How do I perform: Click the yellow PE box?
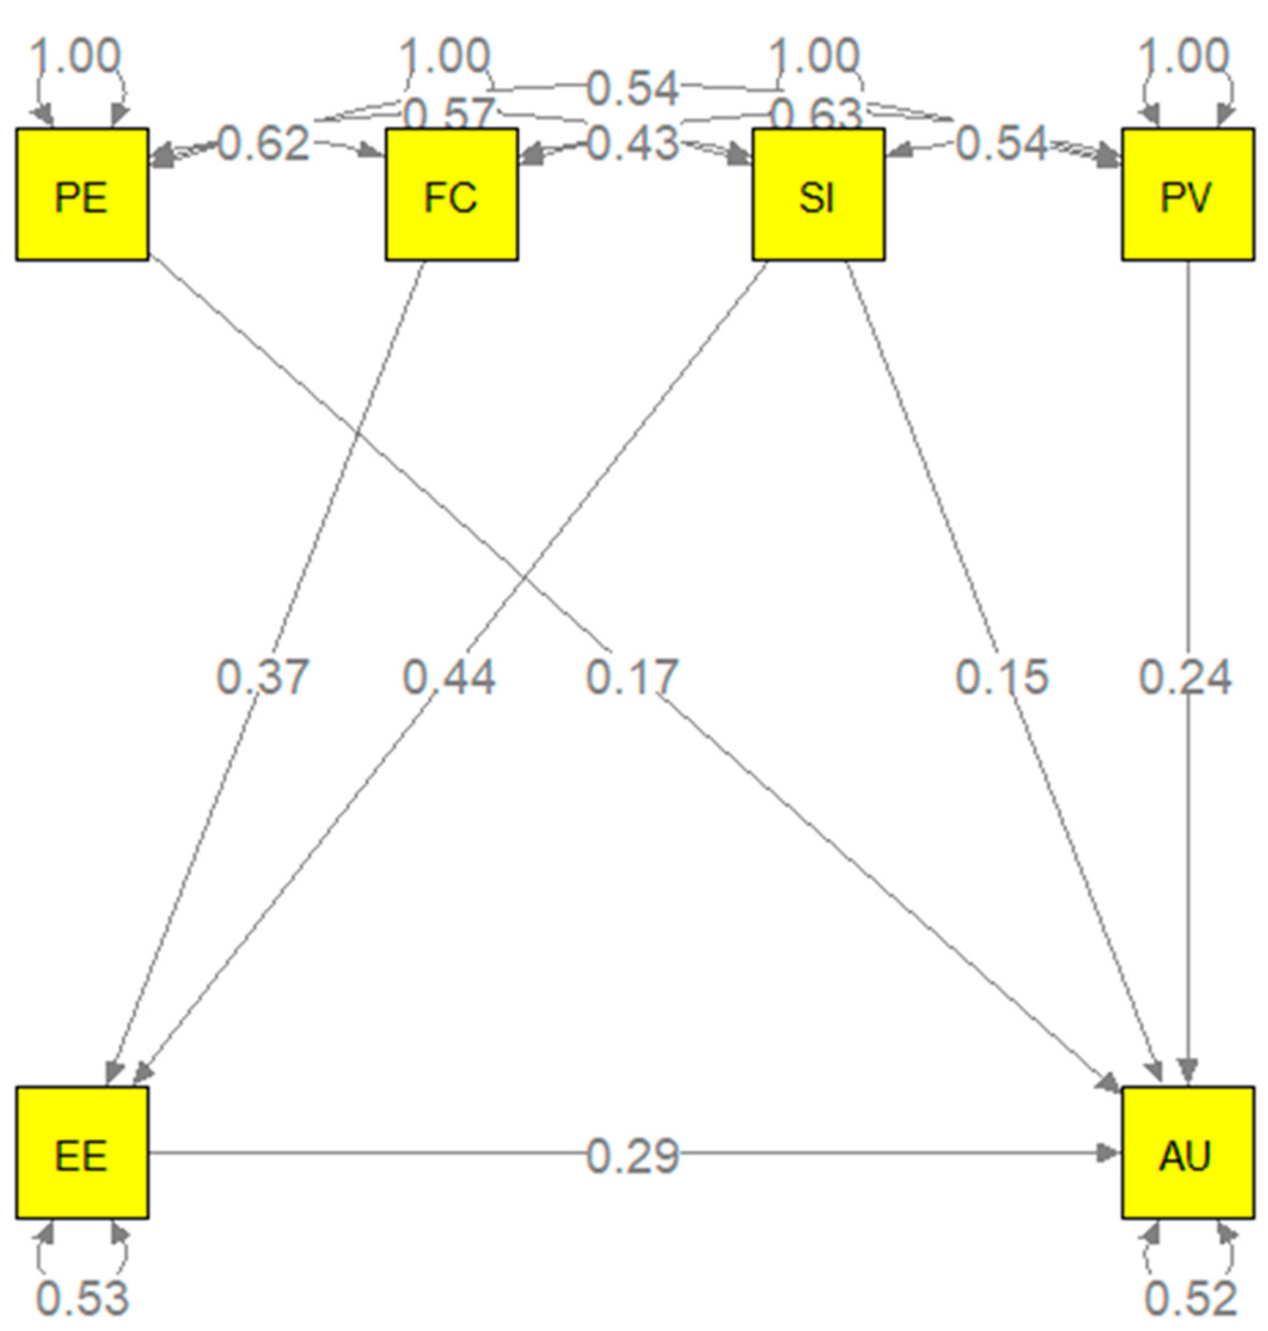[82, 195]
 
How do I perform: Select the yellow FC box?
[452, 195]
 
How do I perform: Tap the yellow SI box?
[819, 195]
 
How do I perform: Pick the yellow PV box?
[1187, 195]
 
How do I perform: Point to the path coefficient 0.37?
[262, 677]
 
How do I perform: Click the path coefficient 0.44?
[449, 677]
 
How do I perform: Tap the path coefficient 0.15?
[1001, 677]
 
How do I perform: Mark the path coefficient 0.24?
[1185, 677]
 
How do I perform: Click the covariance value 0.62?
[264, 144]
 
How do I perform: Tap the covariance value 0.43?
[632, 144]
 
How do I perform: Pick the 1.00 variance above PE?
[76, 56]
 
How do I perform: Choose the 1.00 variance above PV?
[1185, 56]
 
